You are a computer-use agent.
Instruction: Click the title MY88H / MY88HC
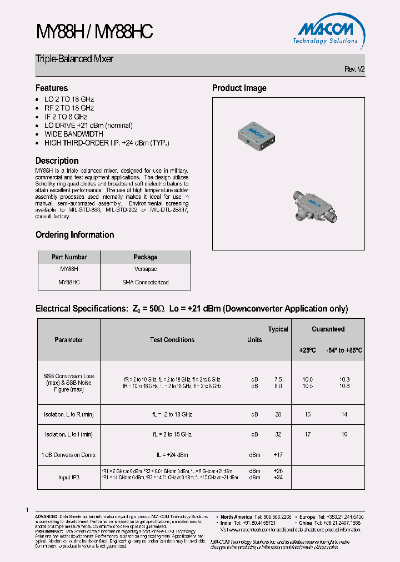[94, 32]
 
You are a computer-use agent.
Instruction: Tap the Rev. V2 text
[354, 69]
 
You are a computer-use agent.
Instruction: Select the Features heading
[52, 88]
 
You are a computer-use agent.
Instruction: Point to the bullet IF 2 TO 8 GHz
[66, 117]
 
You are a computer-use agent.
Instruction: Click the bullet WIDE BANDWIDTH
[73, 134]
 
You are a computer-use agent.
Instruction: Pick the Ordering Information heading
[74, 234]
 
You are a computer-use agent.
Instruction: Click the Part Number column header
[69, 257]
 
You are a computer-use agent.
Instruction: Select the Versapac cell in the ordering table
[145, 269]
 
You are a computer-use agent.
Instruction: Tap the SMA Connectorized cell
[145, 282]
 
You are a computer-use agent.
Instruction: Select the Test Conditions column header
[172, 340]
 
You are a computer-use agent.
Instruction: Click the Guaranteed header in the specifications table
[328, 329]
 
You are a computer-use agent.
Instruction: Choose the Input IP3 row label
[69, 477]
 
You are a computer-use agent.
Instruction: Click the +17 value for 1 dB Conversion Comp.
[278, 455]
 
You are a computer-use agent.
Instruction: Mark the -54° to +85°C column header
[344, 350]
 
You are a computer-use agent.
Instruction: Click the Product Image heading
[239, 88]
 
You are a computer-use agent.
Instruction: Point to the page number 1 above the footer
[27, 509]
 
